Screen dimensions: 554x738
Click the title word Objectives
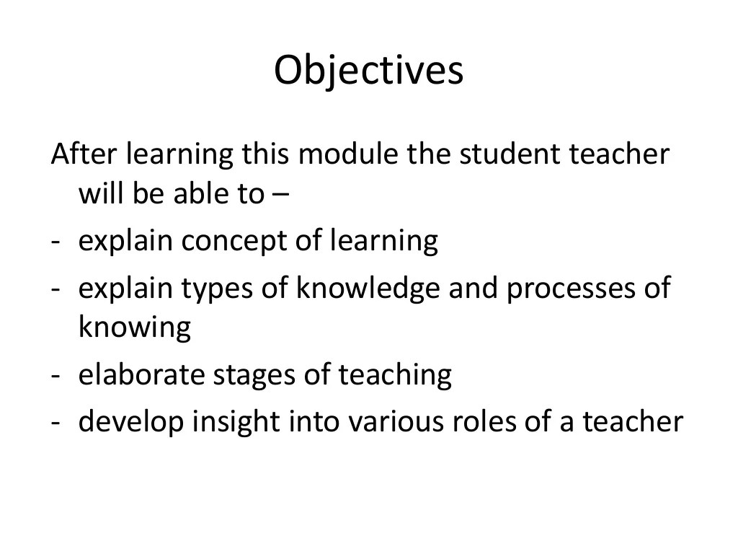coord(368,71)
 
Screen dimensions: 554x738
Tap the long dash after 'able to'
coord(280,195)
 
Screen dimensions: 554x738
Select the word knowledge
coord(367,288)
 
